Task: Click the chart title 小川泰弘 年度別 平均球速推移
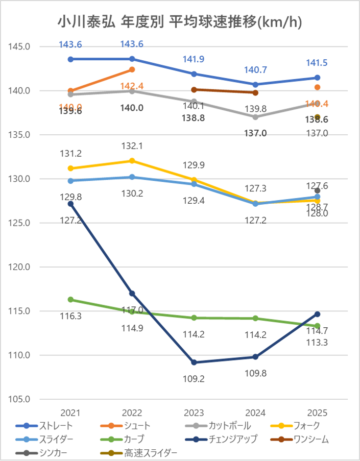click(179, 22)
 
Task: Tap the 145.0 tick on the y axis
click(21, 47)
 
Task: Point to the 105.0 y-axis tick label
click(21, 399)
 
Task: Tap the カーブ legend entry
click(134, 439)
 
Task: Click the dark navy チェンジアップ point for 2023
click(194, 362)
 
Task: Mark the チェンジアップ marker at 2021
click(70, 204)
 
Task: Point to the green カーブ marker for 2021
click(70, 300)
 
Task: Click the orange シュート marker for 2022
click(132, 69)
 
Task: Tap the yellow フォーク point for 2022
click(132, 161)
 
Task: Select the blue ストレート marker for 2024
click(255, 85)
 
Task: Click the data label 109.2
click(194, 379)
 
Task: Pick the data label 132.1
click(132, 146)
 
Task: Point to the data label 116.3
click(70, 316)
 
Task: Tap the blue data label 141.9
click(194, 59)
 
